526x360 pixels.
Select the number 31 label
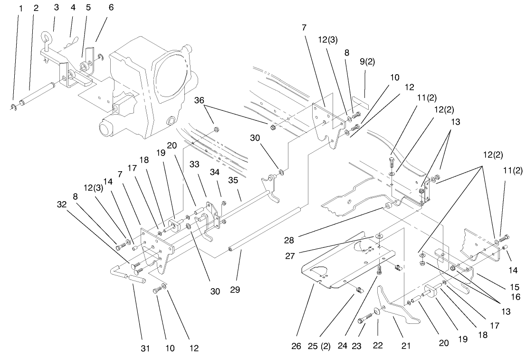pyautogui.click(x=145, y=349)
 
